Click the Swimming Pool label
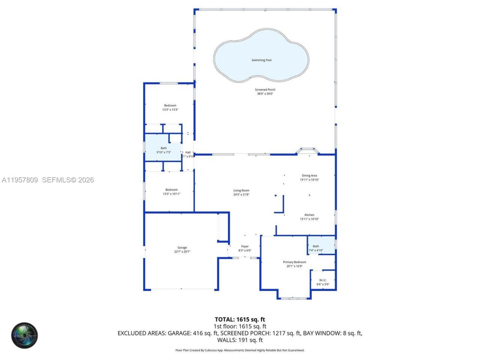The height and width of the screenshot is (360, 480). point(261,60)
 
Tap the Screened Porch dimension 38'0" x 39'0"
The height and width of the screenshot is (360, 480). point(265,94)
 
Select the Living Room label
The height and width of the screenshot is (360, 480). point(241,190)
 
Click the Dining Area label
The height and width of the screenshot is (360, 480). point(309,175)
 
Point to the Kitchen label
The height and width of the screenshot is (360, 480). point(309,215)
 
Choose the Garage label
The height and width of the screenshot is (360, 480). point(182,247)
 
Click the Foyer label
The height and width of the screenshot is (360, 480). point(245,246)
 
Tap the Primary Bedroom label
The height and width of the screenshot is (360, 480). point(294,262)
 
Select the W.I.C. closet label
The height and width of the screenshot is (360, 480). point(323,280)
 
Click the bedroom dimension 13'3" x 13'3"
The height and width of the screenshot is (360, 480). point(170,110)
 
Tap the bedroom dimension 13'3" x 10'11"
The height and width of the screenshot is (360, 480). point(171,194)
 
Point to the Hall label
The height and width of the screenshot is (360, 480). point(188,152)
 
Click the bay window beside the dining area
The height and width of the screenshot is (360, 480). point(308,151)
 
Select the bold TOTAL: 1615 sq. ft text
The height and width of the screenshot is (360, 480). point(240,319)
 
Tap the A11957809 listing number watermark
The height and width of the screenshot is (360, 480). point(20,180)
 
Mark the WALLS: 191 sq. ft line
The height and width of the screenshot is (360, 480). point(240,340)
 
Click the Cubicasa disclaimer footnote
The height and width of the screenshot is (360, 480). point(240,350)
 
